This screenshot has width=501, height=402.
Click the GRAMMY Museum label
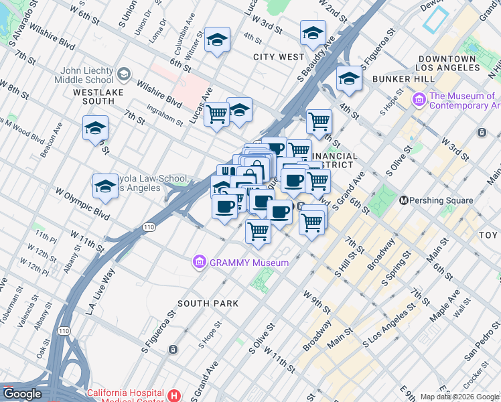pos(248,263)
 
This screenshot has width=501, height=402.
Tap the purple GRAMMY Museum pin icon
pos(199,262)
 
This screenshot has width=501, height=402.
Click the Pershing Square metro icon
pos(404,200)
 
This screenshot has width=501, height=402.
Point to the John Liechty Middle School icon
pos(123,73)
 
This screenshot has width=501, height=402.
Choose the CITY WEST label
pos(279,57)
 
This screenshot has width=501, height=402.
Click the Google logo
pos(22,394)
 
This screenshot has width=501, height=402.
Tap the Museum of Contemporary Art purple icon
pos(420,100)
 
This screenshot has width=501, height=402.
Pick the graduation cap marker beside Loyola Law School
pos(105,186)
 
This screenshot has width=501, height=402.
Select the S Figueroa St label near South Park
pos(158,331)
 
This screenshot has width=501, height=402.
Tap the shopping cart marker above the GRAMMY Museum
pos(258,231)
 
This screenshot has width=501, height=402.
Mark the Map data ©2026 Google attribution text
pos(459,397)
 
